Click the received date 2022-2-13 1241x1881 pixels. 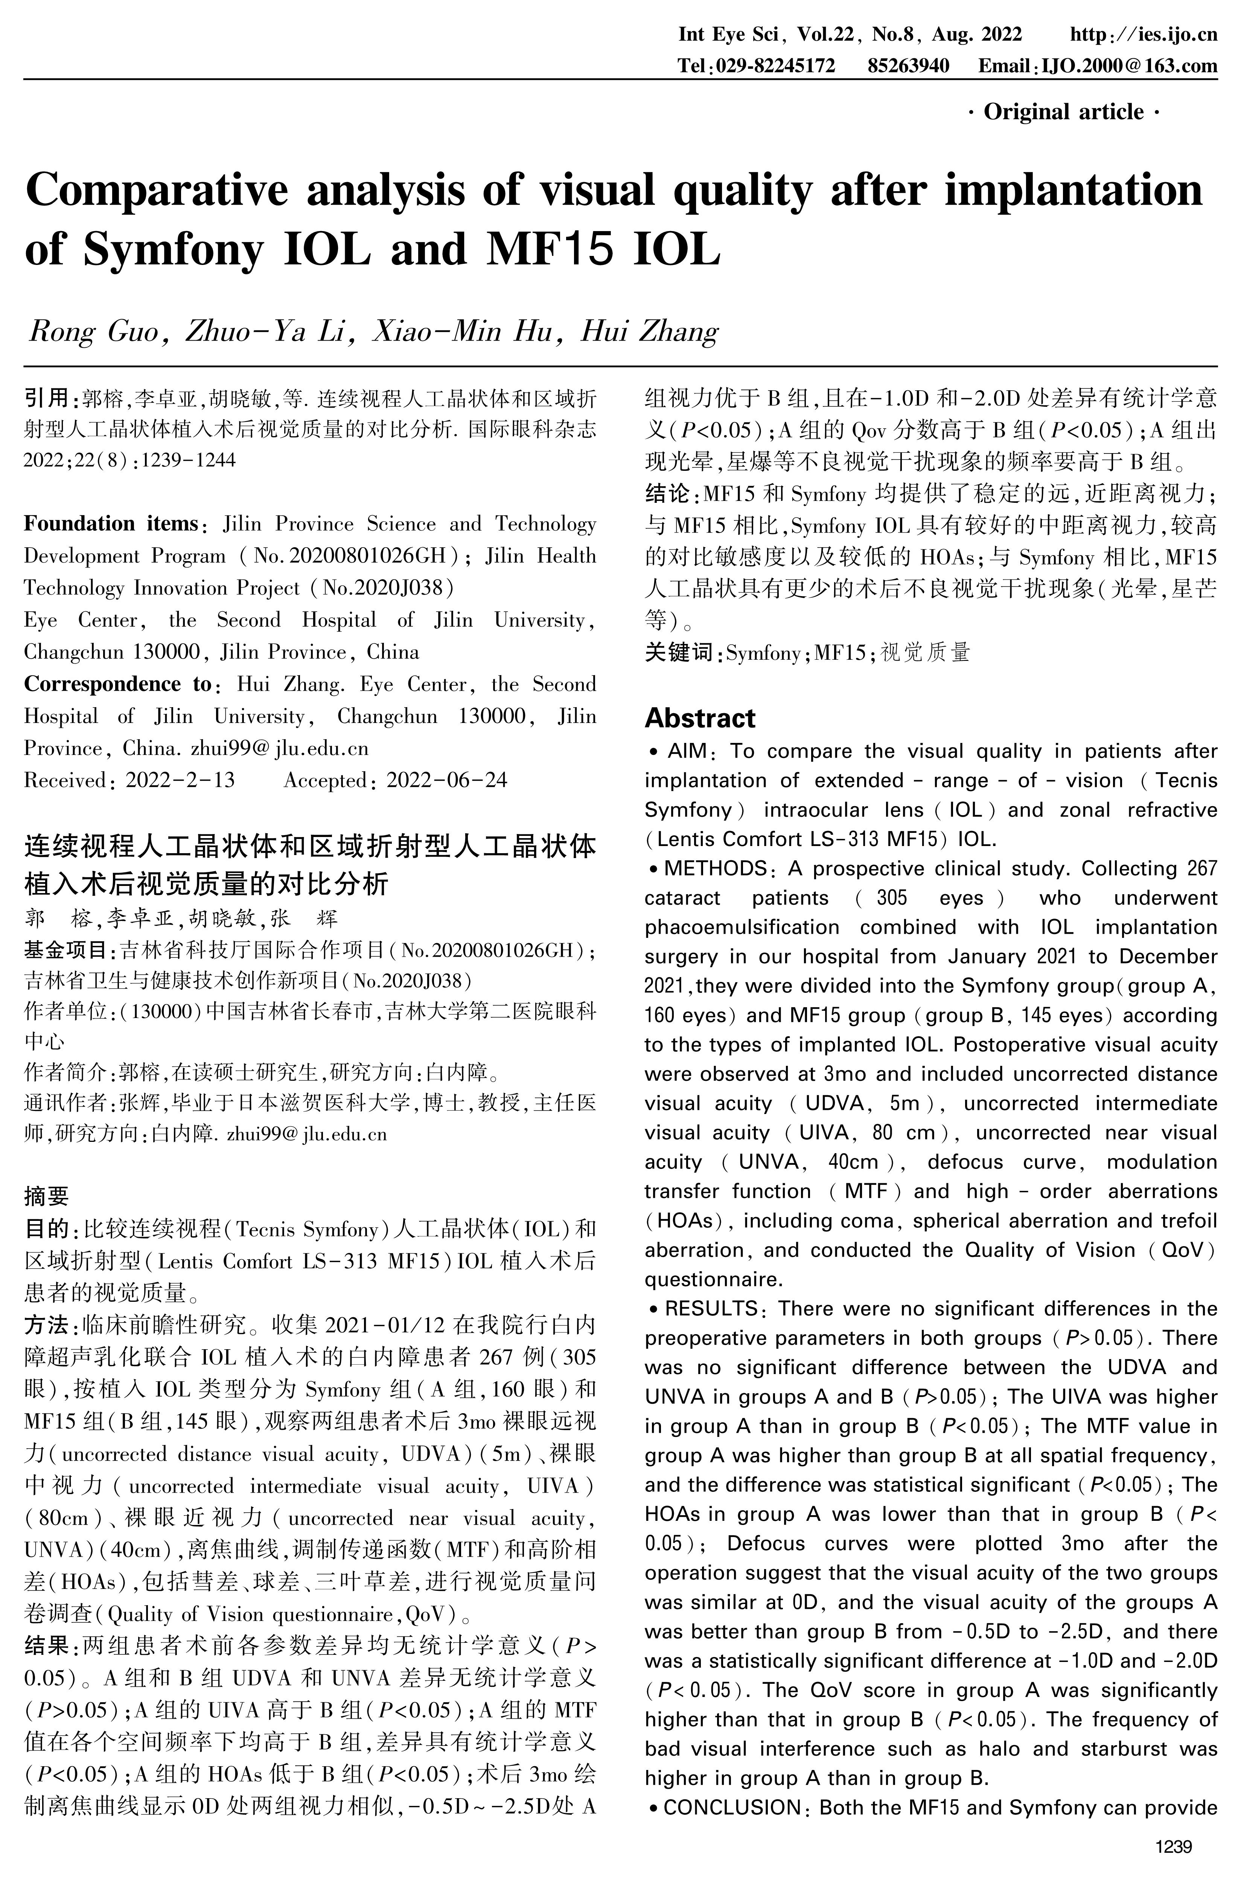pyautogui.click(x=180, y=780)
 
